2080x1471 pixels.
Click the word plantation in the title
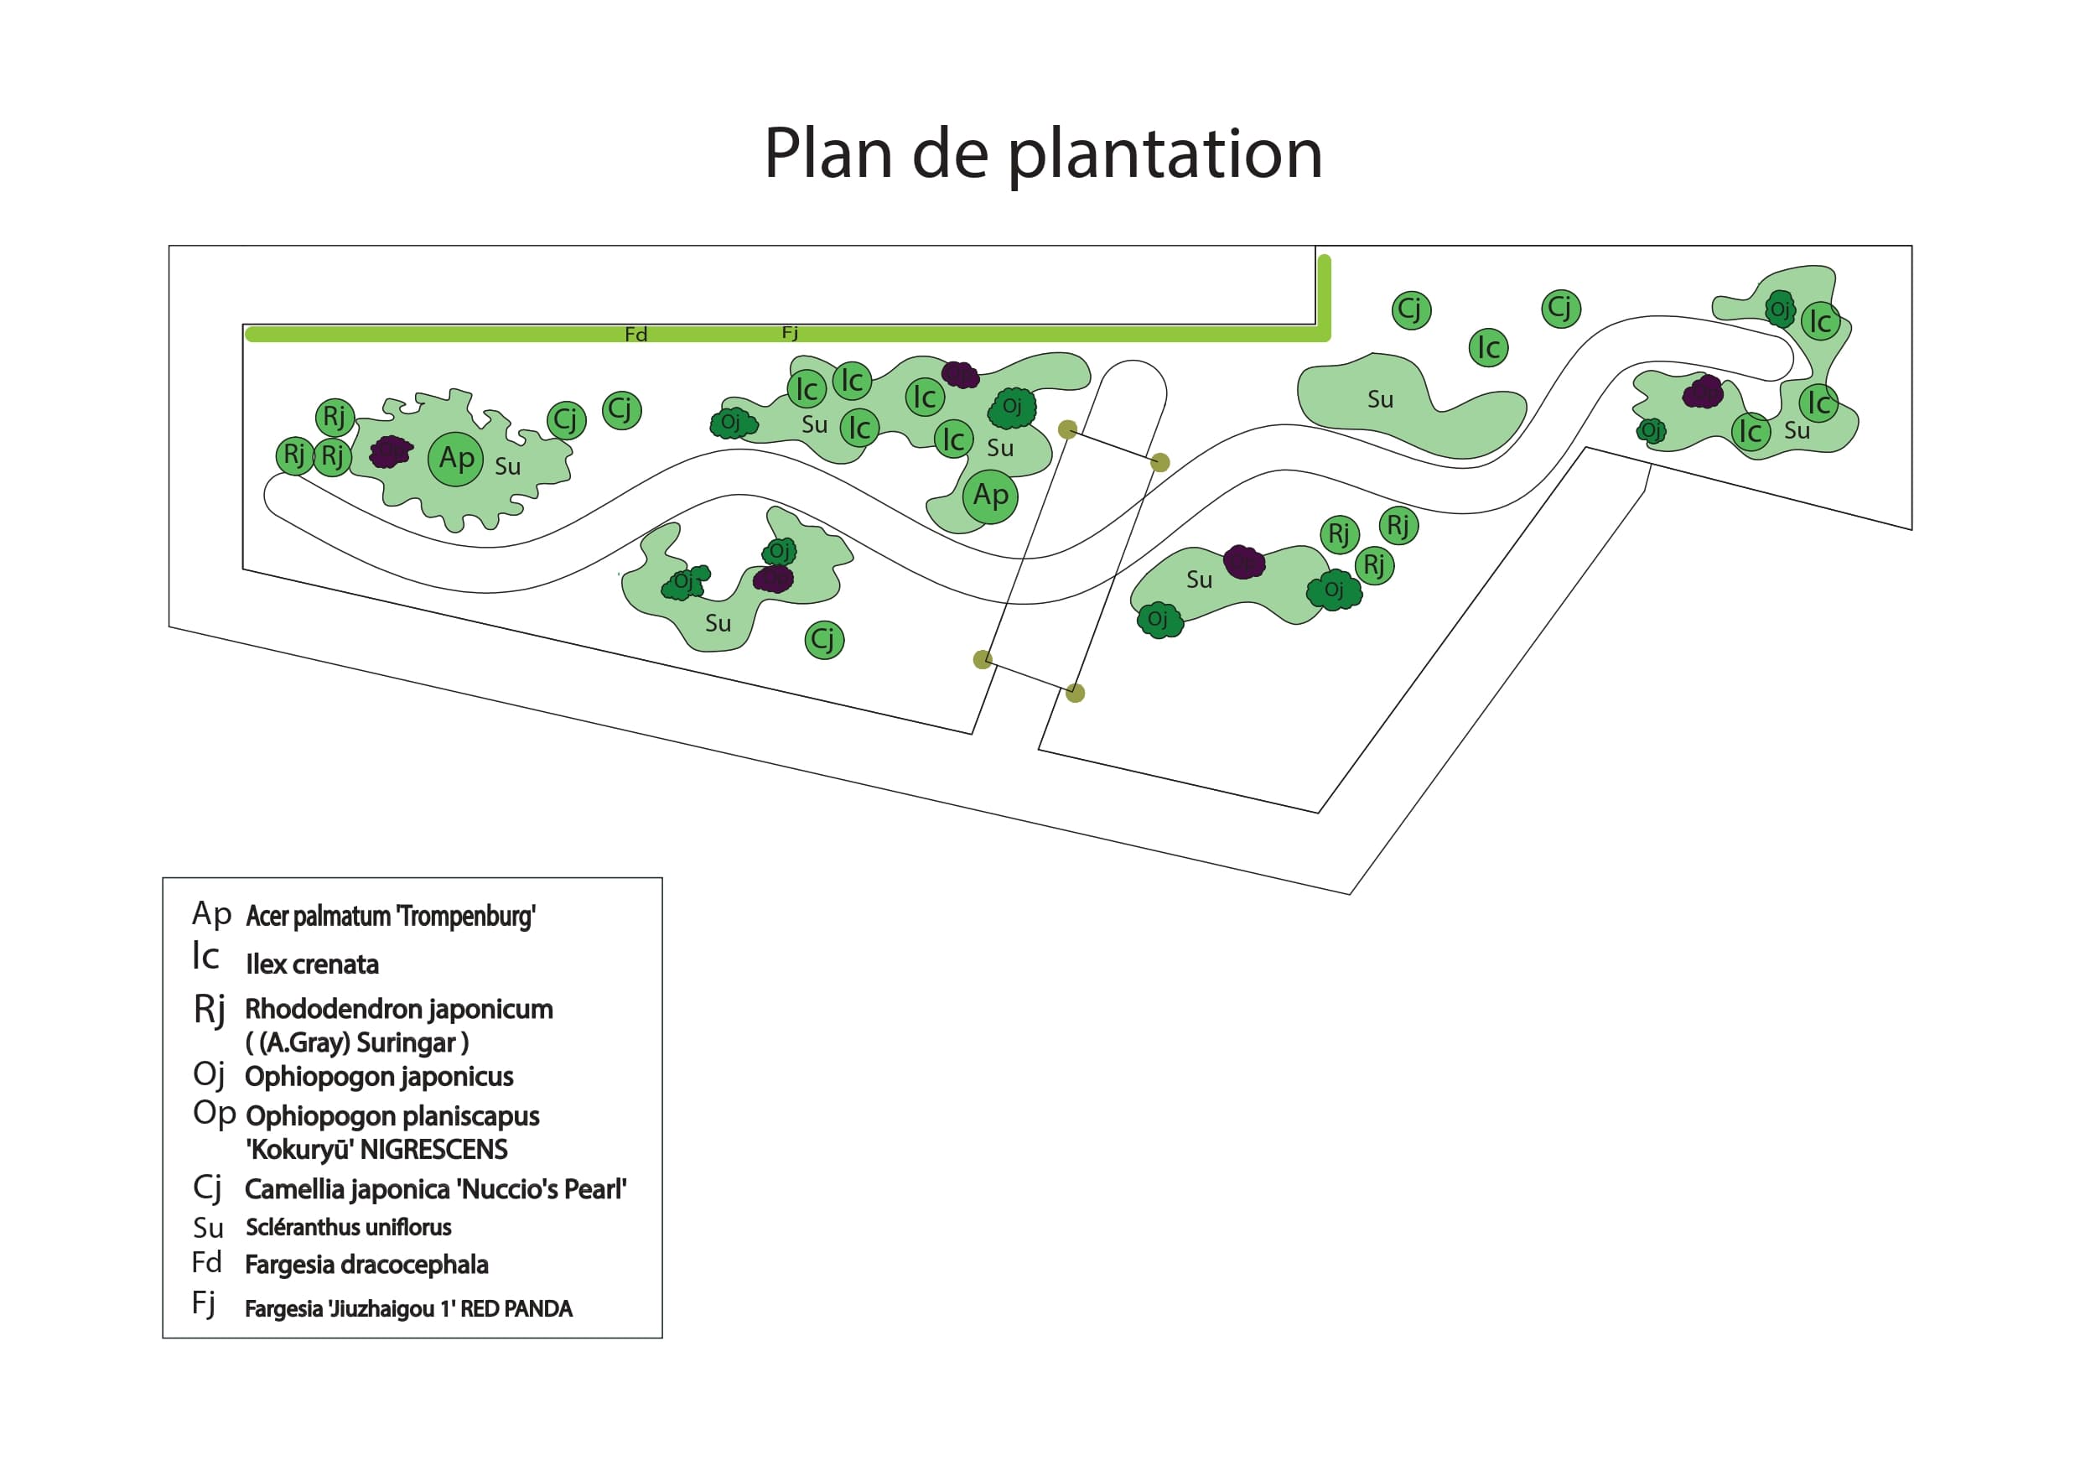coord(1165,154)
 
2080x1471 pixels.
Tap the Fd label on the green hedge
coord(636,335)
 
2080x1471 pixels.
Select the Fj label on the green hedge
coord(790,333)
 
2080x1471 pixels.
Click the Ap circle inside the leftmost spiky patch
coord(456,459)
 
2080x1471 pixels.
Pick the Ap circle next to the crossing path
coord(990,496)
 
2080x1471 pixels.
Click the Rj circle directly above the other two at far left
coord(335,417)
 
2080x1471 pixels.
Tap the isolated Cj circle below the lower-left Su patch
coord(823,640)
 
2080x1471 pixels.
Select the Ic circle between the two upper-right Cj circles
coord(1487,347)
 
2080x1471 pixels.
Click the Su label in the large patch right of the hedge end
coord(1380,400)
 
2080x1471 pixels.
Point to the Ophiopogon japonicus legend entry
coord(379,1077)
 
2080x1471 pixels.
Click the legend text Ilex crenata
coord(312,964)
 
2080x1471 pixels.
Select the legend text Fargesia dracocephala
coord(366,1265)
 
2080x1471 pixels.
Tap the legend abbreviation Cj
coord(207,1188)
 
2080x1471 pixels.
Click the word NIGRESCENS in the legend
coord(434,1150)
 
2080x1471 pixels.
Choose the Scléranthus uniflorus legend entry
coord(348,1227)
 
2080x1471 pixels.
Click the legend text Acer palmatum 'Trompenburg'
coord(391,917)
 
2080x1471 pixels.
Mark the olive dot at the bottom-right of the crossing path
coord(1075,694)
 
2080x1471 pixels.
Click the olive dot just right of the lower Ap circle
coord(1067,429)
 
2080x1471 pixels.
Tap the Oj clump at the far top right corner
coord(1779,309)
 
